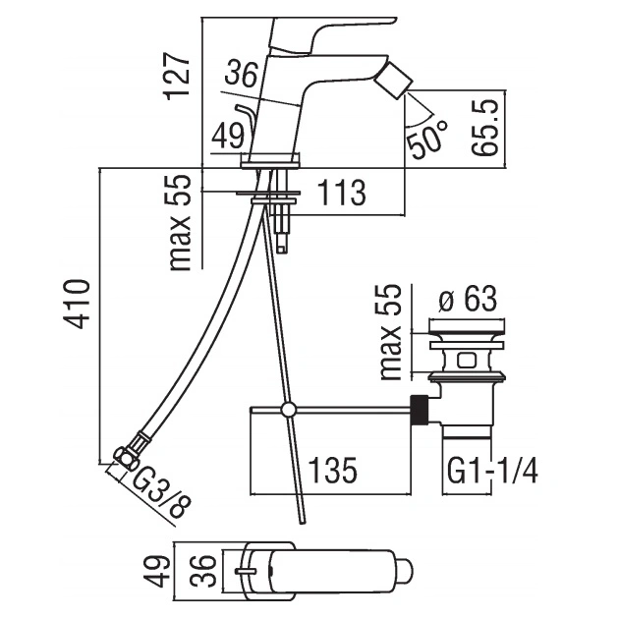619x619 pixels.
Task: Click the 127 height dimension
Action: coord(177,78)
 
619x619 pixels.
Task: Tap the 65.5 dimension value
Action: coord(485,128)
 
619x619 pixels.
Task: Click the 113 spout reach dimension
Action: coord(342,193)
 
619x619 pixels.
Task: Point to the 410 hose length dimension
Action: coord(77,304)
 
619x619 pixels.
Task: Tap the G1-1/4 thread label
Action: coord(492,471)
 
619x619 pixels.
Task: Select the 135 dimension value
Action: coord(332,471)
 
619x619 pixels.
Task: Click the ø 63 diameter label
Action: coord(468,299)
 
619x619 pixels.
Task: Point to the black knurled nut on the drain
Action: coord(420,410)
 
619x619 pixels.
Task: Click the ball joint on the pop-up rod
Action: coord(288,410)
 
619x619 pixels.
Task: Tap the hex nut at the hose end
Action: coord(125,459)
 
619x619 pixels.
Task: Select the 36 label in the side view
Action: coord(242,74)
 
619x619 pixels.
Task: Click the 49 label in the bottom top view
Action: coord(156,571)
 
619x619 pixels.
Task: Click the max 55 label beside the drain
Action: coord(390,332)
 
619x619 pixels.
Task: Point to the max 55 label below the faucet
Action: coord(180,223)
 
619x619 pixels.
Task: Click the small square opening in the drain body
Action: coord(467,361)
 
